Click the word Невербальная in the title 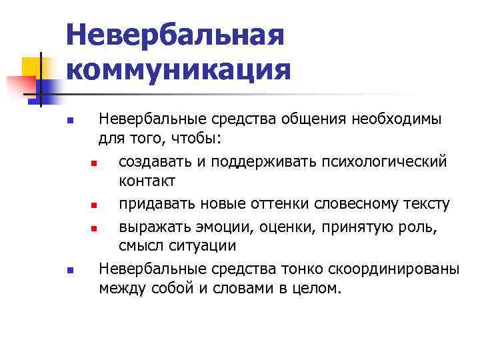(x=176, y=35)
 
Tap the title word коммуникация (x=179, y=69)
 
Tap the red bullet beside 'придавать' (x=94, y=205)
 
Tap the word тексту (x=427, y=203)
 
